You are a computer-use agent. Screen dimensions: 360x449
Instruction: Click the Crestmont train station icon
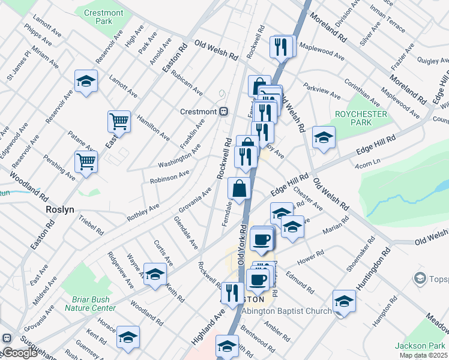coord(223,112)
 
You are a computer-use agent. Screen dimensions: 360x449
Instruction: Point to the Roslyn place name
coord(60,210)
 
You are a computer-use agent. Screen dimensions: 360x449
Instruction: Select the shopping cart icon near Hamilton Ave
coord(119,121)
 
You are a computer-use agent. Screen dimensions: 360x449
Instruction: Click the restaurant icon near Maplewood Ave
coord(281,46)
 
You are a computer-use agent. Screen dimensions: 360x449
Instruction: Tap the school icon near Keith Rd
coord(155,274)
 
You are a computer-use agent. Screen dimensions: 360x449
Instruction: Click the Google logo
coord(20,353)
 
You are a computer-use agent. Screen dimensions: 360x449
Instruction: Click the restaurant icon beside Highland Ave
coord(232,292)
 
